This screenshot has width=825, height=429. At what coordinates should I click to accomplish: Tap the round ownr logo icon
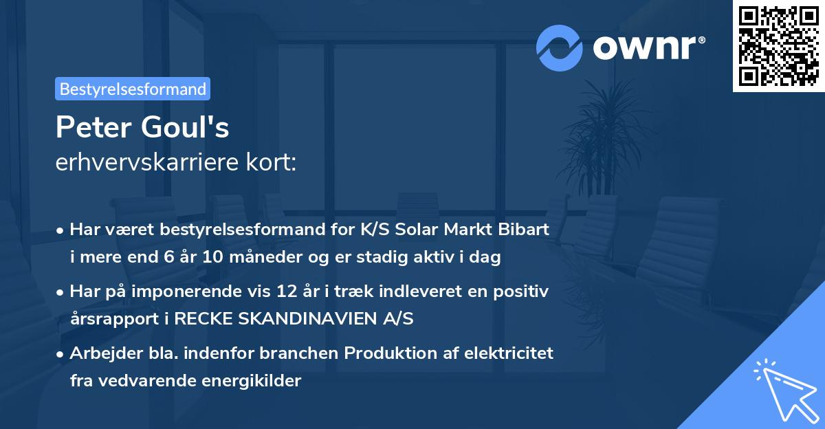click(x=560, y=48)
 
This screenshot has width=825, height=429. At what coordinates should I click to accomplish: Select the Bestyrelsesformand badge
click(x=133, y=89)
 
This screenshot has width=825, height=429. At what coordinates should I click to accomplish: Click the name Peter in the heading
click(x=94, y=127)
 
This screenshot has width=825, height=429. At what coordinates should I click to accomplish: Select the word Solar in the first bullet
click(x=448, y=230)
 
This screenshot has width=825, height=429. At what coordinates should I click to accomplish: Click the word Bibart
click(x=527, y=230)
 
